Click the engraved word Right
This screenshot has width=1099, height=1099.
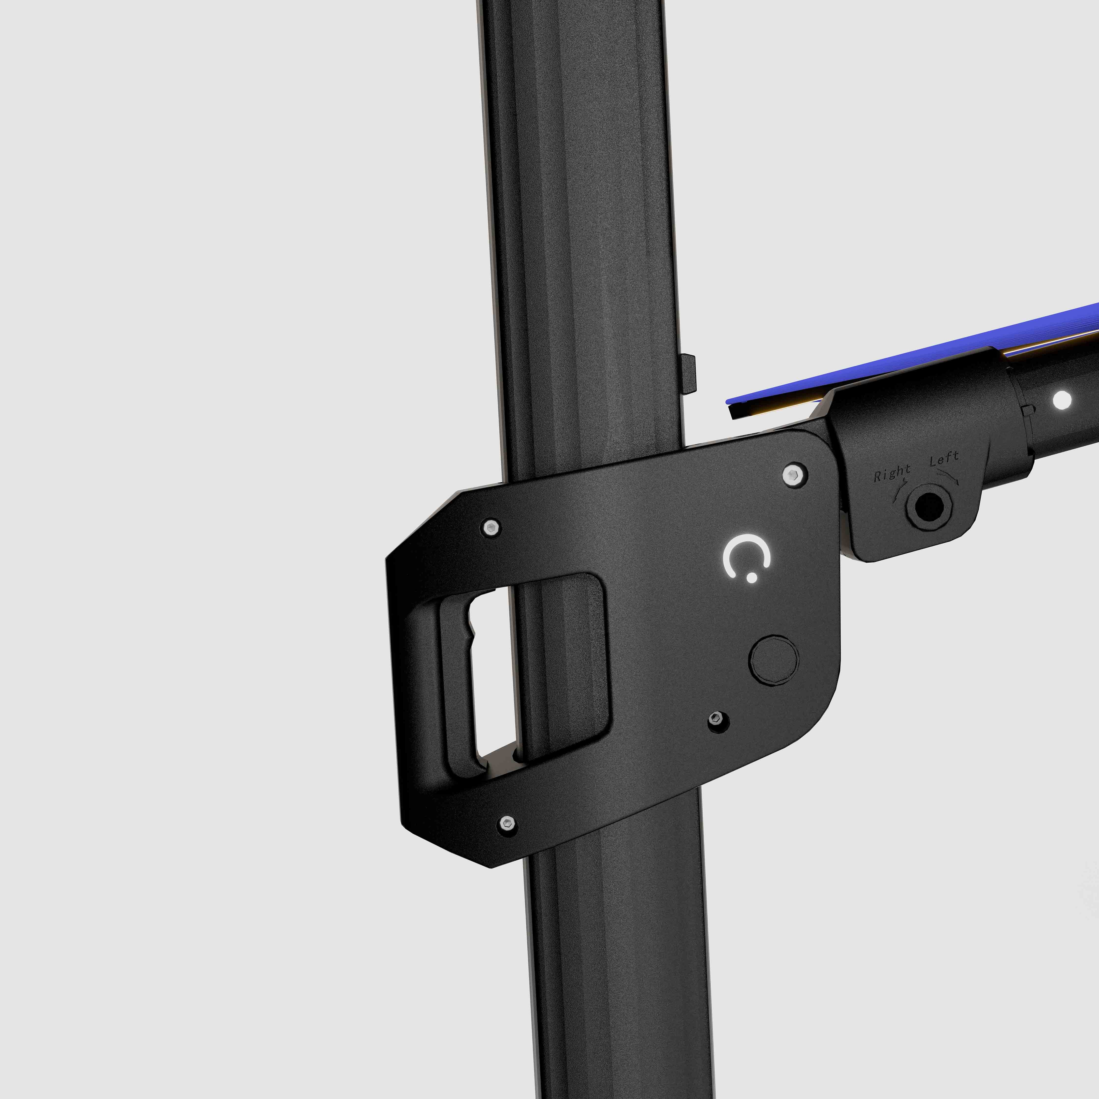892,472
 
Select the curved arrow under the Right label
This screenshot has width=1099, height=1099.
900,489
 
